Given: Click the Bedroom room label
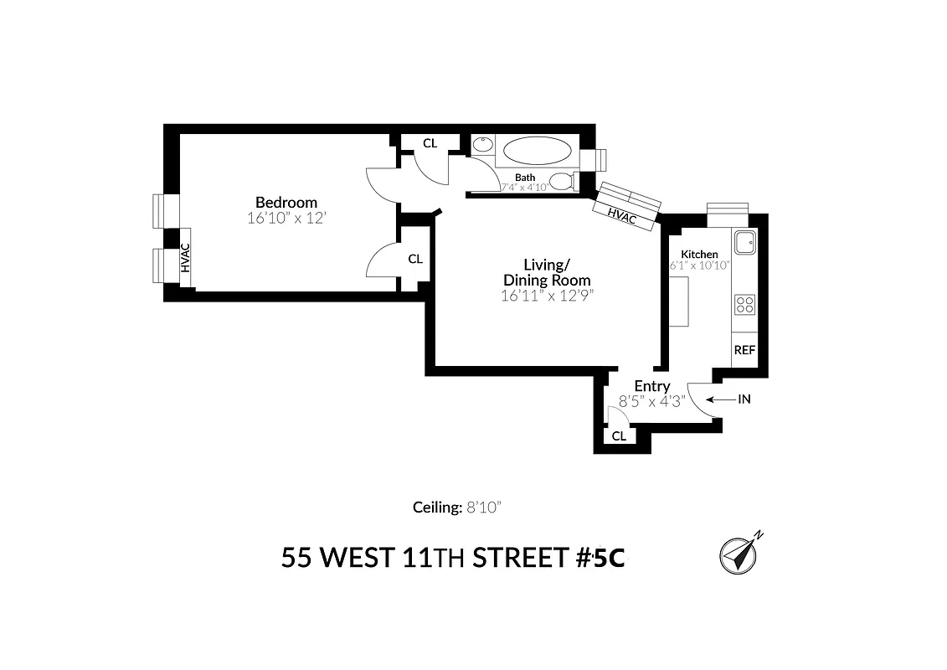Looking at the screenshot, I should tap(286, 202).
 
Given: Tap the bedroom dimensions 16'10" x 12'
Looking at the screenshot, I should tap(286, 218).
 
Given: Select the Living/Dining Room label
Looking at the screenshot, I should tap(546, 272).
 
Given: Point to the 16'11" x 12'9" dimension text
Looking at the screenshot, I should tap(546, 296).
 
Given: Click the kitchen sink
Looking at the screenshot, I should tap(744, 243).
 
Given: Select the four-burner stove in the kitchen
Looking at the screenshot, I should tap(744, 303).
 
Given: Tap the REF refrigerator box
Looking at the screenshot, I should tap(744, 350).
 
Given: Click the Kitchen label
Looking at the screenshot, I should tap(699, 254).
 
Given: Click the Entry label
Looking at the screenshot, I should tap(651, 386).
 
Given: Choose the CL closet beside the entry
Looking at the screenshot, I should tap(619, 435).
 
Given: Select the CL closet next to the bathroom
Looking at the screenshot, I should tap(430, 143).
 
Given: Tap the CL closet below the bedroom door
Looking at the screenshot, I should tap(415, 259).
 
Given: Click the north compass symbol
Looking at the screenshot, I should tap(739, 554).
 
